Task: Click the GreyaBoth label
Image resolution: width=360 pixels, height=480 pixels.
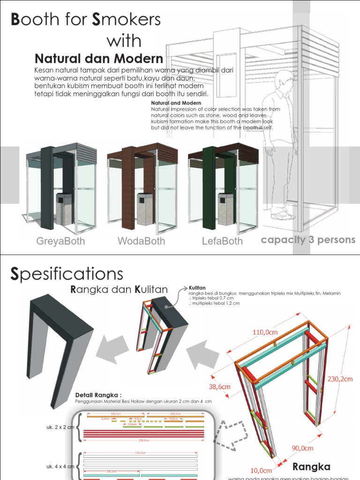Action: pyautogui.click(x=60, y=241)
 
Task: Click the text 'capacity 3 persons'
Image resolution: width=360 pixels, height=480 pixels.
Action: pyautogui.click(x=308, y=240)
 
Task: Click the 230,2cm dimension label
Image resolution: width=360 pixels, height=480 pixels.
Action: pyautogui.click(x=340, y=379)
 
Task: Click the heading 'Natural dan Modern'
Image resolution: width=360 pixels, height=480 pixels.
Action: pyautogui.click(x=99, y=59)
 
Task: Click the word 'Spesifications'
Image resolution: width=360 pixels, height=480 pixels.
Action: pyautogui.click(x=67, y=274)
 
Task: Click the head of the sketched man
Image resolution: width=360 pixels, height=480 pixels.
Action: pyautogui.click(x=284, y=81)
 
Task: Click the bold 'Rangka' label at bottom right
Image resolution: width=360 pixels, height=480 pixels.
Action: pyautogui.click(x=312, y=466)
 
